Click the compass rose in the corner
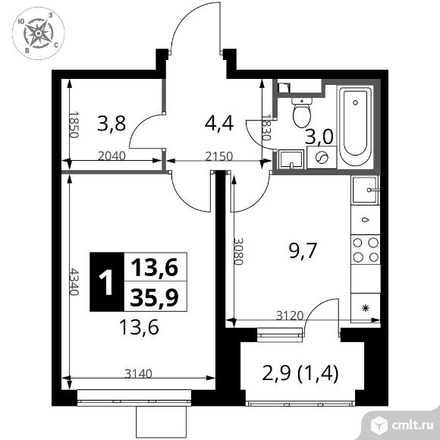pos(39,33)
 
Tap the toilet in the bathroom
pos(302,112)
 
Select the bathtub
pos(356,126)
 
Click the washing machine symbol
pos(322,157)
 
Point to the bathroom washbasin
pos(291,159)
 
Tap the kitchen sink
pos(365,190)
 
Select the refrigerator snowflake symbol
pos(366,308)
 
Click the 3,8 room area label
pos(111,124)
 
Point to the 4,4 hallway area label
pos(219,124)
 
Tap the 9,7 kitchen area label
pos(303,250)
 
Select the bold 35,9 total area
pos(154,297)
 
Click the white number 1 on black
pos(107,281)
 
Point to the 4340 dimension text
pos(74,281)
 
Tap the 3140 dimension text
pos(138,373)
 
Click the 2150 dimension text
pos(219,156)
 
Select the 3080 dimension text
pos(238,252)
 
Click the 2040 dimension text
pos(112,156)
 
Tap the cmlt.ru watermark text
pos(412,426)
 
